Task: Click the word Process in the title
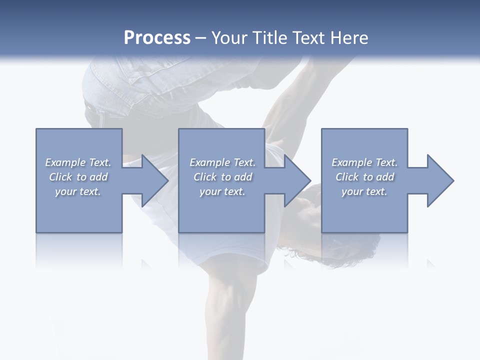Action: click(x=157, y=38)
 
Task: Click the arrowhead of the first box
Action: click(x=153, y=180)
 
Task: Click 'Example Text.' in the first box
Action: click(x=78, y=162)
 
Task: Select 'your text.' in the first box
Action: click(x=78, y=191)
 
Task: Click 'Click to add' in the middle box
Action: click(x=222, y=177)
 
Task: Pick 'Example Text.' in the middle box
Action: click(x=222, y=162)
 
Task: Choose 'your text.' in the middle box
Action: click(x=222, y=191)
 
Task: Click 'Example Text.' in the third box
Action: click(x=364, y=162)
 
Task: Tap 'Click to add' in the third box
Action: click(x=364, y=177)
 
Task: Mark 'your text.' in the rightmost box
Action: click(x=364, y=191)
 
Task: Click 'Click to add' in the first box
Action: click(x=78, y=177)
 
